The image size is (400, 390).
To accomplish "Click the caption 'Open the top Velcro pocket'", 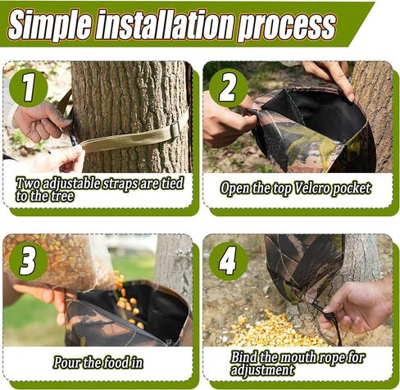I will pos(295,188).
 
